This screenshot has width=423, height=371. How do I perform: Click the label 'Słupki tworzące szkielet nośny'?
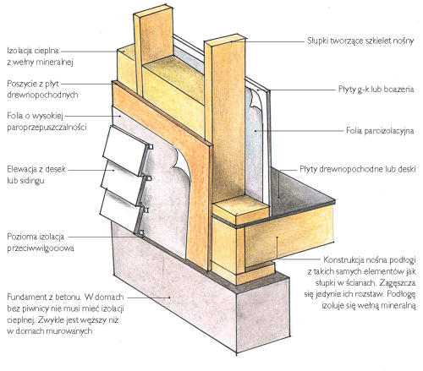360,41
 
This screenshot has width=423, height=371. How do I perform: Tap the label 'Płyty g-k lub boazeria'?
376,90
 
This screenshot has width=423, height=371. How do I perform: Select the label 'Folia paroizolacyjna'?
380,131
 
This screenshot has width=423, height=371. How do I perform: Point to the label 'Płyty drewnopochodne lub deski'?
358,169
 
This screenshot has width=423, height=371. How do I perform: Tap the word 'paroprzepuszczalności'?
47,127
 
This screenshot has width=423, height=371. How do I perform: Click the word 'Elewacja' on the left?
21,169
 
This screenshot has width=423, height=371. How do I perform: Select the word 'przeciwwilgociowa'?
41,248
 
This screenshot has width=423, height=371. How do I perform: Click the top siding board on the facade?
126,150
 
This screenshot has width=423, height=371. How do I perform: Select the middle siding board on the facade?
125,182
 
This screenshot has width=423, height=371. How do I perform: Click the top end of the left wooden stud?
152,10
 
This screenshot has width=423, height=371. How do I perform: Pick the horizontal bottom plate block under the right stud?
239,210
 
